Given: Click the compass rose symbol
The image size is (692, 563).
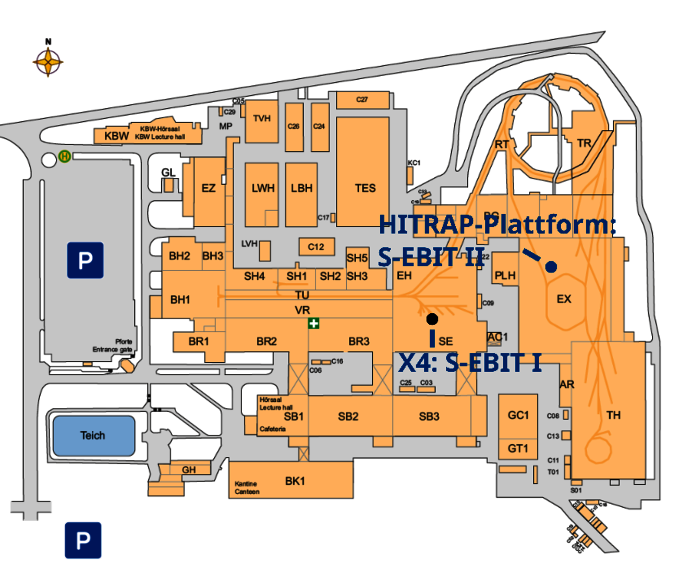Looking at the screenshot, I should coord(48,62).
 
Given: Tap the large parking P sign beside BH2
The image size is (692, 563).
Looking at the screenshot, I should coord(85,260).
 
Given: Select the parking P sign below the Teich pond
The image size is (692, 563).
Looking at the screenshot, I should coord(83,541).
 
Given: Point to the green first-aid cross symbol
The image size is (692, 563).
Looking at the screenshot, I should coord(313,324).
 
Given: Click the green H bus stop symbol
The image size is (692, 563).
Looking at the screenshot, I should coord(65,156).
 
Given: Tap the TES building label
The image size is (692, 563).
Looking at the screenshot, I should coord(365,188).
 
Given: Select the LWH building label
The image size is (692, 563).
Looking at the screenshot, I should coord(263,188).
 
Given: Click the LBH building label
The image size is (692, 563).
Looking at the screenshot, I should coord(301,188).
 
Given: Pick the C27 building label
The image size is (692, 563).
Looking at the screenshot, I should coord(362,100).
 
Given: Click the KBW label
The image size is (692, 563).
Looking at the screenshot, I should coord(116,136).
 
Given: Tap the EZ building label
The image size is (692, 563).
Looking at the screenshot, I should coord(209,188).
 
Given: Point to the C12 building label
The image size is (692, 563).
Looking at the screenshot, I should coord(316,247).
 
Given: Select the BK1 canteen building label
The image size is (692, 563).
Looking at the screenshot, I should coord(295,481).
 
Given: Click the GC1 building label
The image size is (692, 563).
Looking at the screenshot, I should coord(518,415).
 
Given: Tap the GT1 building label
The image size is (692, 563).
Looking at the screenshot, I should coord(518,448).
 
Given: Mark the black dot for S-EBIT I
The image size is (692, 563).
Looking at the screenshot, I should coord(432,319).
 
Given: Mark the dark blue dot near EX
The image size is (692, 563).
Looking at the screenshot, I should coord(551,267).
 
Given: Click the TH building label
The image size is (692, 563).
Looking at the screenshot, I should coord(613,415).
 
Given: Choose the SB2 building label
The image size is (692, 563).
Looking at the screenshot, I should coord(348,417).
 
